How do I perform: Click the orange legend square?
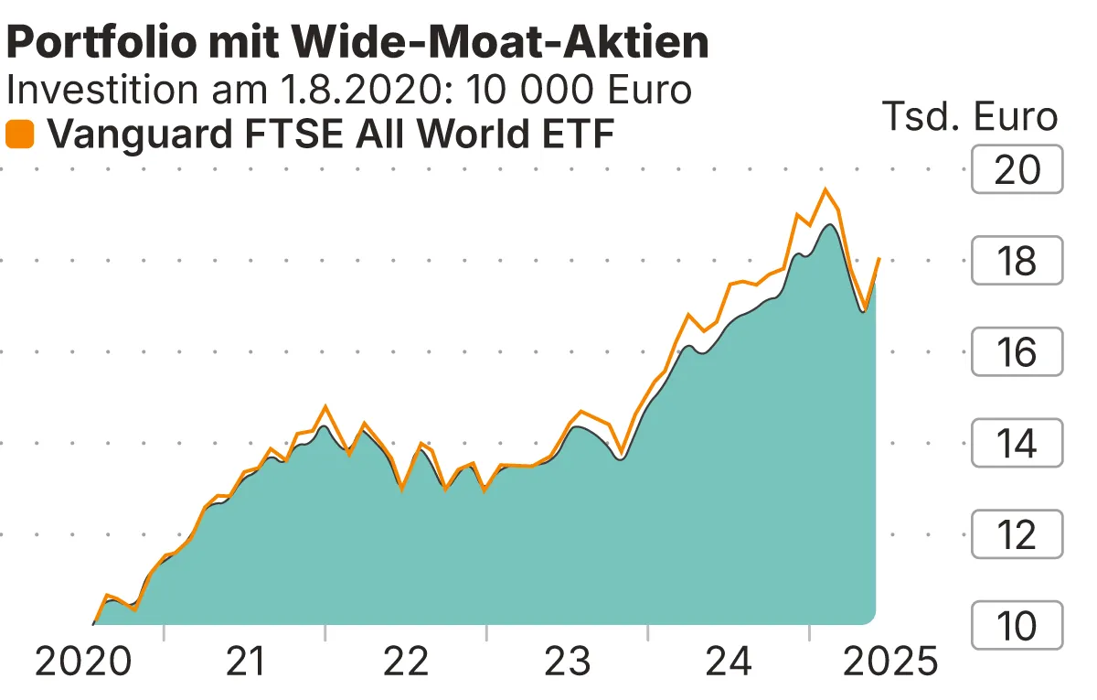tap(20, 135)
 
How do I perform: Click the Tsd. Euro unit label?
tap(969, 117)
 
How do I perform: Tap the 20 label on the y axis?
tap(1017, 170)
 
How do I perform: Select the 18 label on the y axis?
tap(1017, 261)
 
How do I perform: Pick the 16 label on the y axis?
tap(1017, 352)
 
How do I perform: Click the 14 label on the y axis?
tap(1017, 443)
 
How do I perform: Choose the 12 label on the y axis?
tap(1017, 534)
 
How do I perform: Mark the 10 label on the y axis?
tap(1017, 626)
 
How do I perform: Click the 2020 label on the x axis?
tap(82, 662)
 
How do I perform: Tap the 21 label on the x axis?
tap(245, 662)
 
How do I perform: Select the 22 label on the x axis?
tap(407, 662)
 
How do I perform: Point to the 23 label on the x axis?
tap(568, 662)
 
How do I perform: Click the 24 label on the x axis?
tap(730, 662)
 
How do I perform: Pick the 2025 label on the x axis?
tap(889, 662)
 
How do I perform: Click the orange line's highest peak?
tap(825, 189)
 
